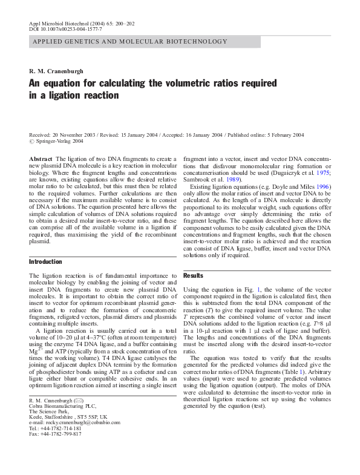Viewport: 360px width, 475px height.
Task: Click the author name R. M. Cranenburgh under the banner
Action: (x=56, y=71)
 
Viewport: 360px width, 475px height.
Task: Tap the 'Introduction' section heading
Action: (x=45, y=261)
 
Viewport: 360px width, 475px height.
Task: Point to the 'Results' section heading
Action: (x=194, y=275)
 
